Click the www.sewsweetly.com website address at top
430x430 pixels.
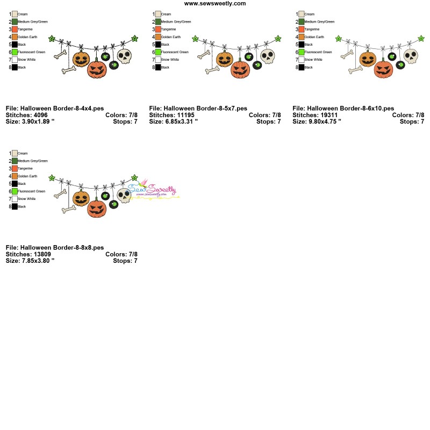pyautogui.click(x=215, y=3)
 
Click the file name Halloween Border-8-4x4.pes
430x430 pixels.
pyautogui.click(x=54, y=108)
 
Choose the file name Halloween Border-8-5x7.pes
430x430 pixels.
pyautogui.click(x=198, y=108)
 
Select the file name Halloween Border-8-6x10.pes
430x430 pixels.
pyautogui.click(x=343, y=108)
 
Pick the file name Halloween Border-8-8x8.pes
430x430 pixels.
pyautogui.click(x=54, y=247)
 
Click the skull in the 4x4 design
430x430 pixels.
pyautogui.click(x=124, y=56)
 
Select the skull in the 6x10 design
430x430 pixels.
pyautogui.click(x=411, y=55)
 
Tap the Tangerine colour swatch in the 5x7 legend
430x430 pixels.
pyautogui.click(x=158, y=29)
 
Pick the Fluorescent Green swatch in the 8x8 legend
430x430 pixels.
pyautogui.click(x=15, y=191)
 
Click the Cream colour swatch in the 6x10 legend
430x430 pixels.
pyautogui.click(x=302, y=14)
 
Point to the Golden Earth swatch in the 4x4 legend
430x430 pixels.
pyautogui.click(x=15, y=37)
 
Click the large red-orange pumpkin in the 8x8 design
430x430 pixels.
pyautogui.click(x=97, y=207)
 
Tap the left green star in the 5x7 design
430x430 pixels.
pyautogui.click(x=195, y=39)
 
